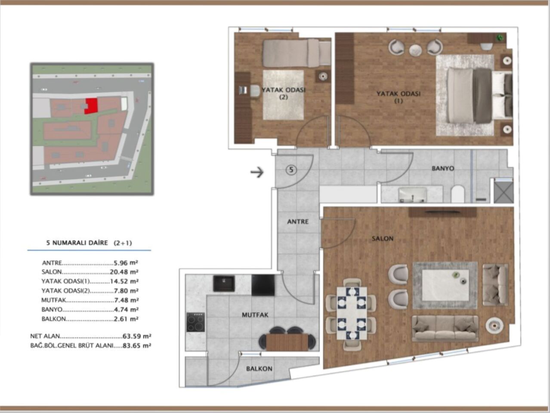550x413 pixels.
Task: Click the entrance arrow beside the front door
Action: tap(257, 173)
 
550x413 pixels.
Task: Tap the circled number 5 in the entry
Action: tap(291, 170)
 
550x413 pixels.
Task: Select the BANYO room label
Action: tap(442, 168)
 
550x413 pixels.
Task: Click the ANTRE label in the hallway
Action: tap(298, 222)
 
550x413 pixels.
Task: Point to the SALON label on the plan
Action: tap(383, 238)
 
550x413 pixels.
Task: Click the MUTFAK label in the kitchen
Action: tap(255, 315)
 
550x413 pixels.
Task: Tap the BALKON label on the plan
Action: tap(259, 369)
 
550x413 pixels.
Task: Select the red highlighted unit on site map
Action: tap(91, 106)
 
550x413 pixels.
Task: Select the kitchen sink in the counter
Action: tap(224, 284)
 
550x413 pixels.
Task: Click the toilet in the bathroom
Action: tap(457, 194)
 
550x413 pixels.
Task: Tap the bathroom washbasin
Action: tap(412, 194)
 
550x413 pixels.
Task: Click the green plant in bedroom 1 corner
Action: tap(500, 37)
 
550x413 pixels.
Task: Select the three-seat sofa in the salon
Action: tap(445, 328)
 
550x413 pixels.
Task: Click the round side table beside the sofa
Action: tap(495, 326)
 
